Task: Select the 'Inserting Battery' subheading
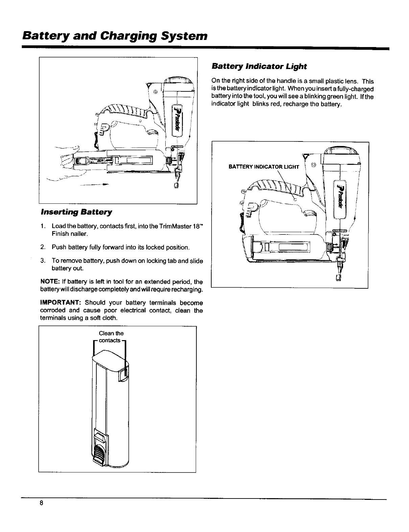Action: tap(76, 212)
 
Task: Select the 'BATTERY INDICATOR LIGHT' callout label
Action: tap(264, 167)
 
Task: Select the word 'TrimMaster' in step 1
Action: tap(164, 226)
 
